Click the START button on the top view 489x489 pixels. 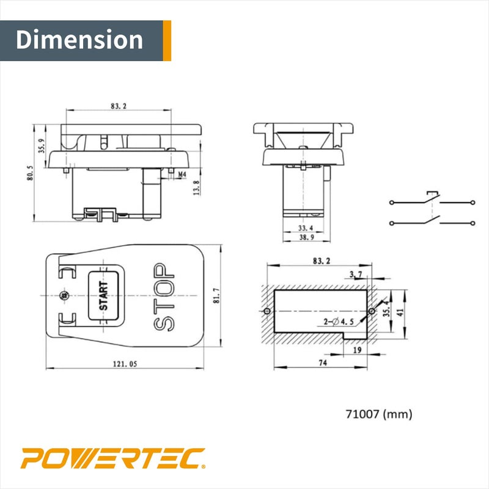click(103, 295)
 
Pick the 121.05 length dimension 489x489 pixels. click(125, 364)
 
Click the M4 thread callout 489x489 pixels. click(182, 174)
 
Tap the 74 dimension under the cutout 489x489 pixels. click(322, 362)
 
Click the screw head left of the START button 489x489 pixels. click(64, 295)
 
